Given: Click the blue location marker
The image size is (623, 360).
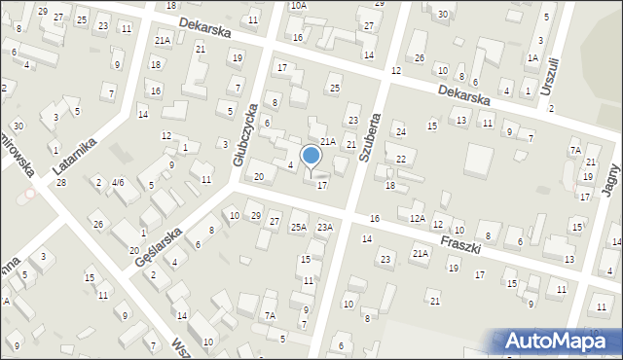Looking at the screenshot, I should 311,156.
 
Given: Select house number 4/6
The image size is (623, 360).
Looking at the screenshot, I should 117,182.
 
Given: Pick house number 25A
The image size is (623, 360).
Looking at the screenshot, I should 298,227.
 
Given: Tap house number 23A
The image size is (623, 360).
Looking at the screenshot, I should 324,227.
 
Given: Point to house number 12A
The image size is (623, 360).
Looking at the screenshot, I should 417,218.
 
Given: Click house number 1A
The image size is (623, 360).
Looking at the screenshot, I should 532,57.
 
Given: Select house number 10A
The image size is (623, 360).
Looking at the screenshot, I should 299,5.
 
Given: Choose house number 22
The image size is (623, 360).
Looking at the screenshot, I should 400,159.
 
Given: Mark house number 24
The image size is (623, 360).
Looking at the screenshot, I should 399,131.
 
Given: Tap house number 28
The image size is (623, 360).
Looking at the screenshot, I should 61,183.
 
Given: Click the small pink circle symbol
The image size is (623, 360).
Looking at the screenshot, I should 30,193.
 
